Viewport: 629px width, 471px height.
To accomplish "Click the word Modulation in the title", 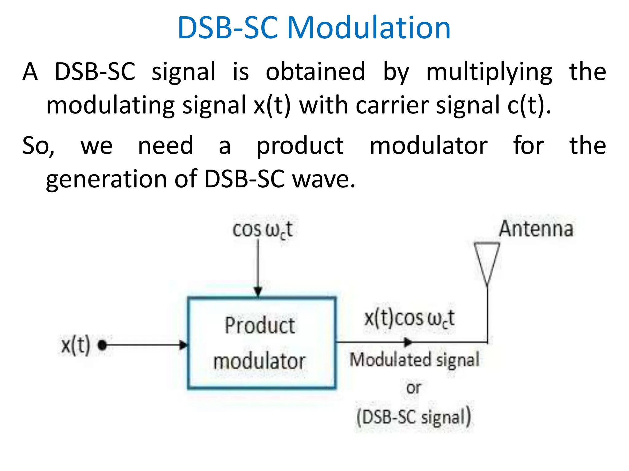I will click(x=368, y=28).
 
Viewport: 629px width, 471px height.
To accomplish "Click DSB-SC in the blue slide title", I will click(x=228, y=28).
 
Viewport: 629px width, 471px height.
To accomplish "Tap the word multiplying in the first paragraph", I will click(x=489, y=72).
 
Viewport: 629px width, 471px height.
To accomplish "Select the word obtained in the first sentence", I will click(x=315, y=71).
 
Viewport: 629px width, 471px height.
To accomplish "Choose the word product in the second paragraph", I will click(x=300, y=146).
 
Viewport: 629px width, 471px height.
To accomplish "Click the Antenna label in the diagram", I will click(x=536, y=229).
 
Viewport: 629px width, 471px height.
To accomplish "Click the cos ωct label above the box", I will click(x=263, y=230).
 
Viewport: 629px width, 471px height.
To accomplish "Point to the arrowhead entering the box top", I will click(x=258, y=292).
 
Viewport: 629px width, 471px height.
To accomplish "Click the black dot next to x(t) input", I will click(x=102, y=345).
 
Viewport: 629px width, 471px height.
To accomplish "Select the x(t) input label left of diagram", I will click(x=76, y=345).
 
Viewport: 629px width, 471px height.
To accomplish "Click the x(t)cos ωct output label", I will click(x=409, y=319).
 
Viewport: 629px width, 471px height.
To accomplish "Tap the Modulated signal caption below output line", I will click(x=414, y=360).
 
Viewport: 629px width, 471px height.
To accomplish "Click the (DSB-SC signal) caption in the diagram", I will click(x=414, y=417).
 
